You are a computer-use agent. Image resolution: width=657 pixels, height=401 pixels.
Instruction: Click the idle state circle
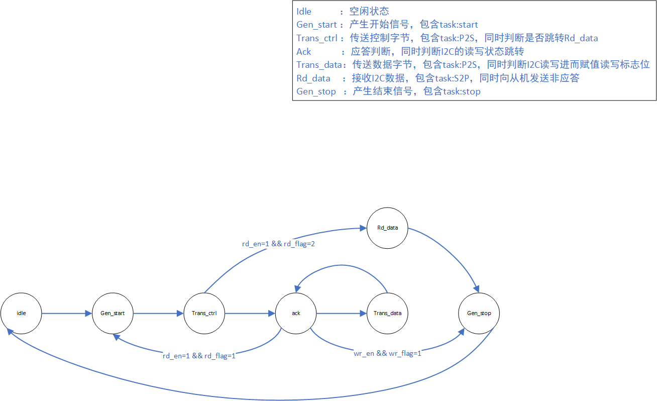click(x=21, y=313)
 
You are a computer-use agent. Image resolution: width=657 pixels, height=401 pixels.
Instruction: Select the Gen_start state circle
click(x=113, y=313)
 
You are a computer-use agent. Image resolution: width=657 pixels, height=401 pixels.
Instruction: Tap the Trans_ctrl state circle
click(x=204, y=313)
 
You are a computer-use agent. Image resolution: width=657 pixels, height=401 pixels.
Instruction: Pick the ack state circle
click(x=296, y=313)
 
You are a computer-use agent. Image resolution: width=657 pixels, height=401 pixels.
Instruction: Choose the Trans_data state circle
click(x=388, y=313)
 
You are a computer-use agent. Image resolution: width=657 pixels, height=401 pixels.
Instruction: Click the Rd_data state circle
click(x=387, y=228)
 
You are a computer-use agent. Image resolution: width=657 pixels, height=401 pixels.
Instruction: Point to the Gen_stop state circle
click(x=479, y=313)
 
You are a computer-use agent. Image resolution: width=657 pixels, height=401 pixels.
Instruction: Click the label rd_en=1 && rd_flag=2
click(x=278, y=244)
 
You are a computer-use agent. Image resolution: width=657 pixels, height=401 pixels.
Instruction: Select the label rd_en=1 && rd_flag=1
click(x=199, y=356)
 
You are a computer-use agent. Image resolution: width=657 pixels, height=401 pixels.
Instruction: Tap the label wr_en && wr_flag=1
click(x=387, y=353)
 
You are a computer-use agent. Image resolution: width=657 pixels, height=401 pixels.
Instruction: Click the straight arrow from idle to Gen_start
click(x=67, y=313)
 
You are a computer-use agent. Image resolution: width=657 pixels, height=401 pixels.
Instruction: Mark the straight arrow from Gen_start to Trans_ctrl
click(x=158, y=313)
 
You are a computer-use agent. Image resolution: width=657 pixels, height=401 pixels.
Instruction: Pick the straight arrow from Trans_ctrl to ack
click(x=250, y=313)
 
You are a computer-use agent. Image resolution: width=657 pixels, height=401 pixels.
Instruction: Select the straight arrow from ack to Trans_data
click(x=342, y=313)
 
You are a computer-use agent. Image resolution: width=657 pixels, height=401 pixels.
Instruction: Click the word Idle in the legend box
click(x=304, y=12)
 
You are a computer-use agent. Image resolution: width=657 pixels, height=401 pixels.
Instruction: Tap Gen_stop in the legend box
click(x=316, y=91)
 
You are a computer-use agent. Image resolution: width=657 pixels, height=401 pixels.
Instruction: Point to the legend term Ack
click(x=304, y=52)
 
